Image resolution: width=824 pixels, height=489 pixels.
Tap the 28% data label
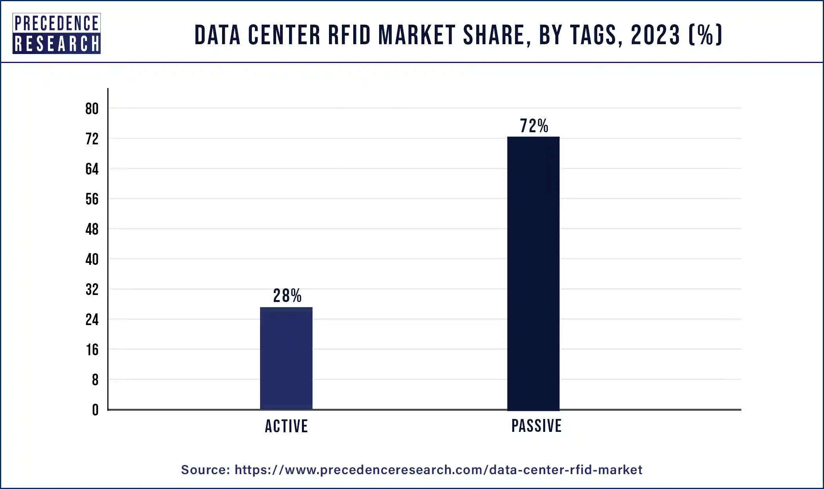pyautogui.click(x=287, y=296)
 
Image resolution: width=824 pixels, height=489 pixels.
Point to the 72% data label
pyautogui.click(x=534, y=126)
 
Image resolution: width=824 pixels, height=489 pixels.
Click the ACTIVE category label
pyautogui.click(x=286, y=426)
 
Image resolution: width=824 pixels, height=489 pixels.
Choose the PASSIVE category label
pyautogui.click(x=536, y=426)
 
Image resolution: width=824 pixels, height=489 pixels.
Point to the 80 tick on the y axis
pyautogui.click(x=92, y=109)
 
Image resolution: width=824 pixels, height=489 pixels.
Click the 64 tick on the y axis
pyautogui.click(x=92, y=169)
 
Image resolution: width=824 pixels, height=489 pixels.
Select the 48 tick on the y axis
pyautogui.click(x=92, y=229)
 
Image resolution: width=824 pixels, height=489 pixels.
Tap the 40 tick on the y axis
pyautogui.click(x=92, y=259)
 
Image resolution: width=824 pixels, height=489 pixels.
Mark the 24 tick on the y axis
pyautogui.click(x=92, y=320)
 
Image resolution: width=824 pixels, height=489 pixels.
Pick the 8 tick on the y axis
pyautogui.click(x=95, y=380)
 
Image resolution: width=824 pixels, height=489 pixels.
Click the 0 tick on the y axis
pyautogui.click(x=95, y=410)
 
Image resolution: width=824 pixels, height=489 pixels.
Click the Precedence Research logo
pyautogui.click(x=57, y=34)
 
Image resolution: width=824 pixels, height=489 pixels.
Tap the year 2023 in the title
pyautogui.click(x=655, y=35)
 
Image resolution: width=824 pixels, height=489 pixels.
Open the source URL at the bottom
pyautogui.click(x=438, y=470)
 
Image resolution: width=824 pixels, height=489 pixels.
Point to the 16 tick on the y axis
pyautogui.click(x=92, y=350)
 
